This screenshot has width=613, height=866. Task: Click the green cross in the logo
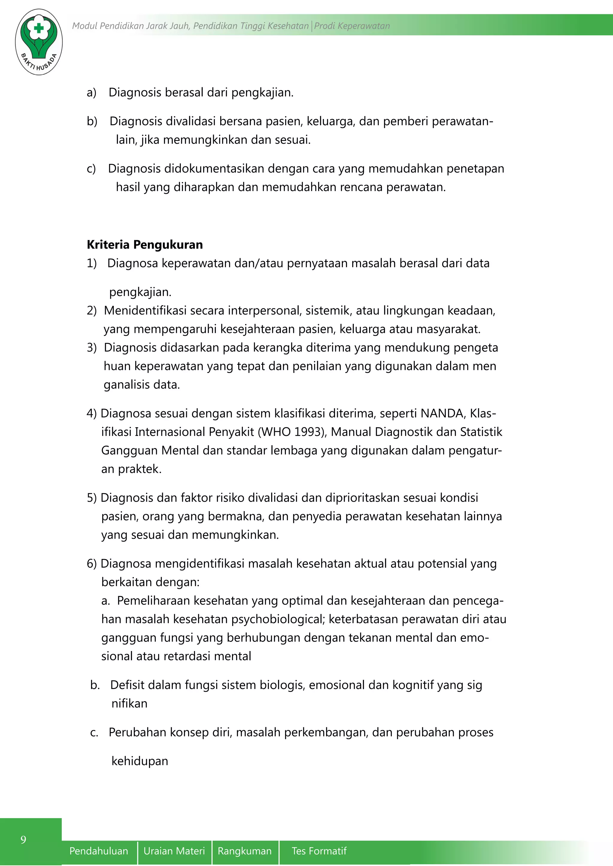pyautogui.click(x=39, y=28)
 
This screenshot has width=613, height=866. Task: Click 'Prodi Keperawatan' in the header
pyautogui.click(x=352, y=26)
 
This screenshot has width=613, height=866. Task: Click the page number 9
pyautogui.click(x=23, y=840)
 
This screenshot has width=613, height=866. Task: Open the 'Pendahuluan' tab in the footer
pyautogui.click(x=98, y=851)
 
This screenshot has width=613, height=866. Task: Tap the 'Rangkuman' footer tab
pyautogui.click(x=245, y=851)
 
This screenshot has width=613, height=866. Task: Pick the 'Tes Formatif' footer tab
pyautogui.click(x=319, y=851)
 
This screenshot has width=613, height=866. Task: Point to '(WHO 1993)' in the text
pyautogui.click(x=292, y=432)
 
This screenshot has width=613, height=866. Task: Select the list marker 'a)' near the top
pyautogui.click(x=91, y=92)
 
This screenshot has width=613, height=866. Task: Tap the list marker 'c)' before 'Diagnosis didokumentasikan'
pyautogui.click(x=91, y=169)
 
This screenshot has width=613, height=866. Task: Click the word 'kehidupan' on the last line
pyautogui.click(x=140, y=761)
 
